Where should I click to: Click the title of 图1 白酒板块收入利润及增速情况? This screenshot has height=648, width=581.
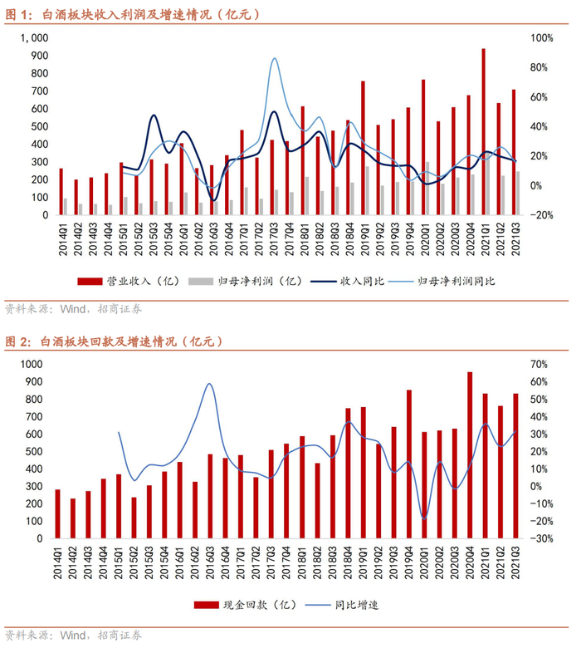[x=133, y=14]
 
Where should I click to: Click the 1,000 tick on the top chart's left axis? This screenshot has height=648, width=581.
[x=37, y=38]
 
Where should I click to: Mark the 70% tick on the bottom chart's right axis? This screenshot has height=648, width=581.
[x=538, y=365]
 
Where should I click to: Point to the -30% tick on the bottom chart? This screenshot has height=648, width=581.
[x=538, y=538]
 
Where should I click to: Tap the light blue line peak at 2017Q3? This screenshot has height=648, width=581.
[x=275, y=58]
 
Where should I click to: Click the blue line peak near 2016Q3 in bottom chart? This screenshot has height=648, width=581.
[x=209, y=384]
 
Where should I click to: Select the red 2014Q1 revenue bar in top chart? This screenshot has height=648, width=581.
[x=61, y=191]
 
